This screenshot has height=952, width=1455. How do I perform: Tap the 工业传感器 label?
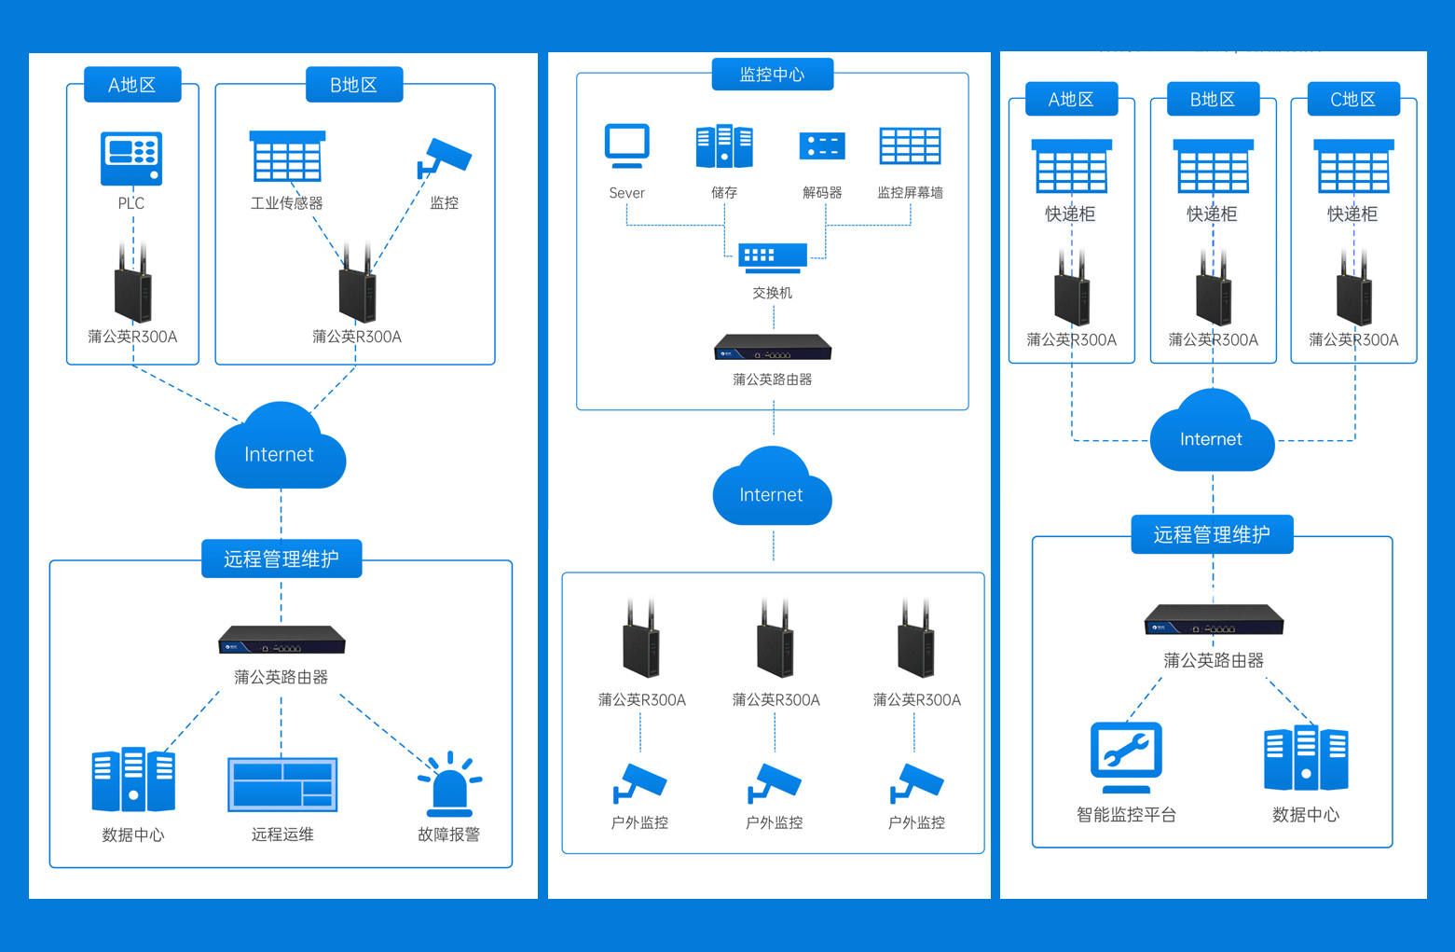286,202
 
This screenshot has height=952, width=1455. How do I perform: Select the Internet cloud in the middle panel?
772,488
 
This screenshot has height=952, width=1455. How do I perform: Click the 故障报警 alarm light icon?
449,784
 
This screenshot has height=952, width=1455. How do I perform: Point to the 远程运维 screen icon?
282,784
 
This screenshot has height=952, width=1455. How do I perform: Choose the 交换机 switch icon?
772,256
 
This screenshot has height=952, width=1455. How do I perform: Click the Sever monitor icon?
626,145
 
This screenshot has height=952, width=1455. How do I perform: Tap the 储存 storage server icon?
724,147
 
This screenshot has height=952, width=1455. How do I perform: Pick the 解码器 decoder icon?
822,146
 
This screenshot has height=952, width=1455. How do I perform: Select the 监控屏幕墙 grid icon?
910,146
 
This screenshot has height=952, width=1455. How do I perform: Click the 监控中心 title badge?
772,75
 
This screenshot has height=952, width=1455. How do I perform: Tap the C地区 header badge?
1352,99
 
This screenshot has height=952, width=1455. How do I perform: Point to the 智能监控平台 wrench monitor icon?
1126,757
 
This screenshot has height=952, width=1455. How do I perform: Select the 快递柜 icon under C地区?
1353,167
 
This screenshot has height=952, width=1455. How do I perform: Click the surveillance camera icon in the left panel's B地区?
445,158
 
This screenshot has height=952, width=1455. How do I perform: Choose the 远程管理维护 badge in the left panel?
281,559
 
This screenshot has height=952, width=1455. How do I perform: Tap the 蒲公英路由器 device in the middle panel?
772,349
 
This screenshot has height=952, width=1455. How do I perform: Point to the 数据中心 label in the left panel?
133,835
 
